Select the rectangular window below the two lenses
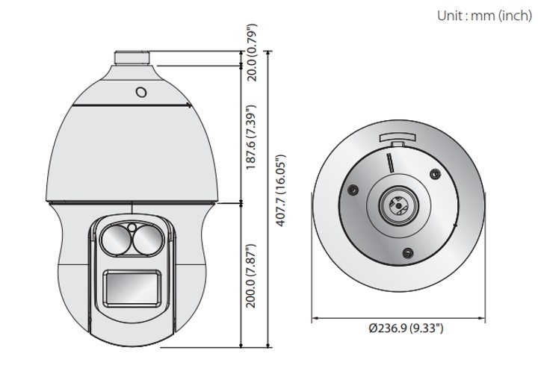[x=132, y=287]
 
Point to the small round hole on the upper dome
[x=140, y=92]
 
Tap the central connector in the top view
[x=397, y=203]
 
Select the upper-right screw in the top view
[x=434, y=174]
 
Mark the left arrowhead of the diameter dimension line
[x=314, y=318]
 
